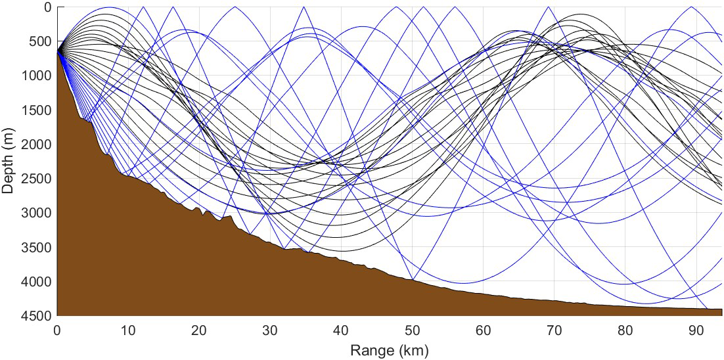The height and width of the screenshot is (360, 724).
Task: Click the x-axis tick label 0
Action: click(58, 328)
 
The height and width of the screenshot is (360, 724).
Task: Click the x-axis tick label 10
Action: click(129, 328)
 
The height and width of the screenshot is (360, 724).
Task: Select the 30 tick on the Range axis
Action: click(271, 328)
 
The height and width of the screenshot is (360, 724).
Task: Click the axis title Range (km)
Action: click(390, 348)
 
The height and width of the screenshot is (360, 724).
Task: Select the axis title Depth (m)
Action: click(9, 162)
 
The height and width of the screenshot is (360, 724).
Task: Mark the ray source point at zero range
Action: click(58, 49)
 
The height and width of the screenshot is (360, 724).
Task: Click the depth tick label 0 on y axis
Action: click(48, 8)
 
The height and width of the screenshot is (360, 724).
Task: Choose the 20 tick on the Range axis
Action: click(200, 328)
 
